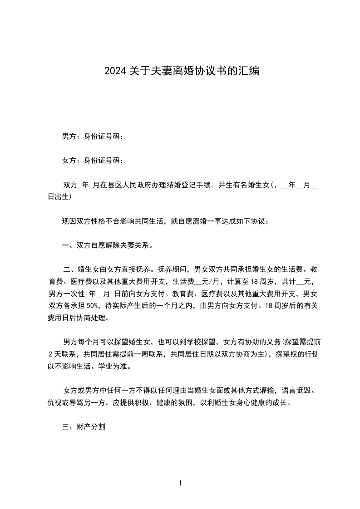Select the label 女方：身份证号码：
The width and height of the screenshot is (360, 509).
93,160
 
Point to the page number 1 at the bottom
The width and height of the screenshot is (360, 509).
180,483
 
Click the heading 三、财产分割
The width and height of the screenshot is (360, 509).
84,427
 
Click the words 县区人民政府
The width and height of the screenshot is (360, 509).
129,185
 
